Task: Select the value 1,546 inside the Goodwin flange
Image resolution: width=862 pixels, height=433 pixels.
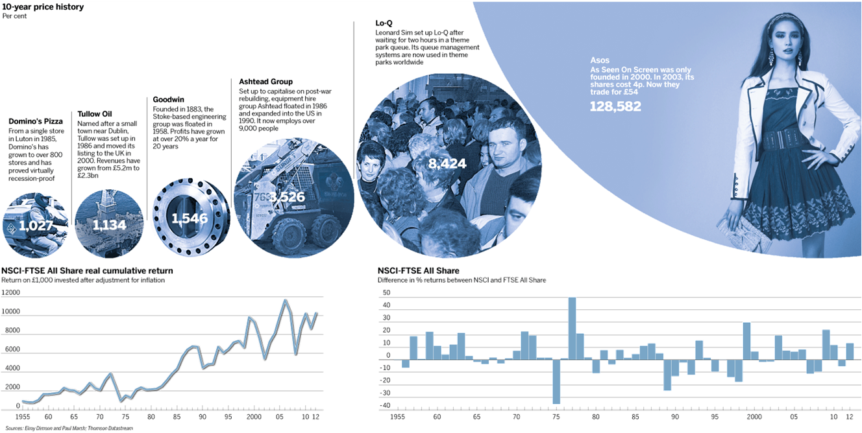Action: [190, 218]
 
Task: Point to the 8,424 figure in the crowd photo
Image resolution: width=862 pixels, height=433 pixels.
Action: [447, 164]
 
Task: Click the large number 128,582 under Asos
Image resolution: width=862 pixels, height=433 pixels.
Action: [615, 106]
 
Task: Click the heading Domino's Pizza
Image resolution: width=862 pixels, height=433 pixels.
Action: [36, 121]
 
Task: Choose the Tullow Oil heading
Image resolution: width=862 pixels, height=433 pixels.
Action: [94, 114]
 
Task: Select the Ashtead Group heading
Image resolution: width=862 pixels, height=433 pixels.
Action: [265, 82]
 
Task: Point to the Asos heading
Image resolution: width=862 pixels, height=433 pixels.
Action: [599, 60]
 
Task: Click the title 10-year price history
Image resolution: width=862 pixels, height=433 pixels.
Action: [43, 7]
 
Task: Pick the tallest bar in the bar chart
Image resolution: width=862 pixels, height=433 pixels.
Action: [572, 327]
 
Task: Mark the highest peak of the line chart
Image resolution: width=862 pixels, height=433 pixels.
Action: [285, 299]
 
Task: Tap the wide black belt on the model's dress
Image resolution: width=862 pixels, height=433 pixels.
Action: [779, 139]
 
